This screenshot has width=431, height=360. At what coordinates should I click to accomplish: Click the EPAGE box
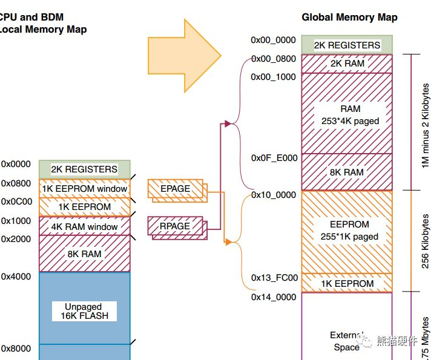[x=176, y=189]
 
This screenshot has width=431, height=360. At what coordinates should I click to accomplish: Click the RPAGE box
[x=176, y=226]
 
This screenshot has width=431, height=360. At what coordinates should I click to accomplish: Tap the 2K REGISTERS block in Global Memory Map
[x=347, y=45]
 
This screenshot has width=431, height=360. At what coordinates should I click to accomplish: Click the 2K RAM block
[x=347, y=64]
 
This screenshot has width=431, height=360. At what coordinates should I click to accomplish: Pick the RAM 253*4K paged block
[x=347, y=115]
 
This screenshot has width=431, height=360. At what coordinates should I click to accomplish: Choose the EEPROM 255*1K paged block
[x=347, y=231]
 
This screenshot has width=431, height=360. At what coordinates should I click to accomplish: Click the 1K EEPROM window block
[x=85, y=189]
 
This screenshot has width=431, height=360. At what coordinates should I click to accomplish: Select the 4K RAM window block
[x=85, y=227]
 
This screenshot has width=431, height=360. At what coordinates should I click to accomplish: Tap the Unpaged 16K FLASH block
[x=85, y=311]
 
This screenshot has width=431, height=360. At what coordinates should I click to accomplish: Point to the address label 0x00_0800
[x=274, y=59]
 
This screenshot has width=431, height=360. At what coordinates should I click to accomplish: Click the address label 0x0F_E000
[x=274, y=158]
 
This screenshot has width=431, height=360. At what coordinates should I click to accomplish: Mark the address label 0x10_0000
[x=274, y=195]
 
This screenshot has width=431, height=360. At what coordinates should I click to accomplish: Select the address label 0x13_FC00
[x=274, y=278]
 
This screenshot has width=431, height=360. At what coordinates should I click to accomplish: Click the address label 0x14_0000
[x=274, y=297]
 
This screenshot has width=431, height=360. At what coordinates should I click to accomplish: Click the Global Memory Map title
[x=349, y=17]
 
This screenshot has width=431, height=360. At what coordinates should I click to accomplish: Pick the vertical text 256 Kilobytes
[x=426, y=241]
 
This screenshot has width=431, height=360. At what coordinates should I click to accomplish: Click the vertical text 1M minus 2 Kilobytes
[x=426, y=121]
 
